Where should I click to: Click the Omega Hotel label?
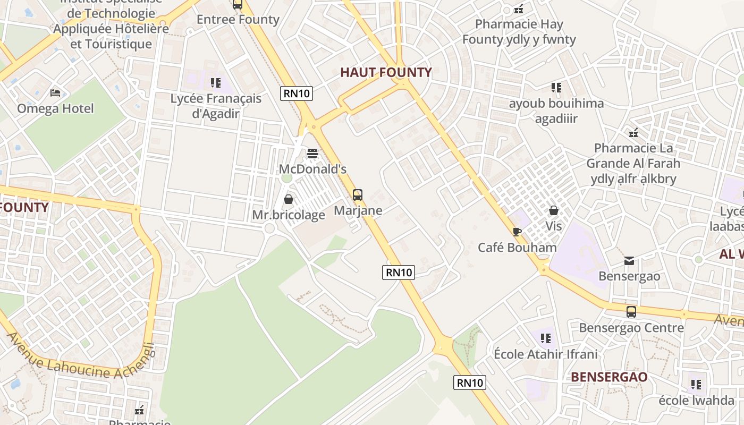pyautogui.click(x=55, y=108)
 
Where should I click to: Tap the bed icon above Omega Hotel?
pyautogui.click(x=55, y=93)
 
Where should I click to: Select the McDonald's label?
pyautogui.click(x=312, y=169)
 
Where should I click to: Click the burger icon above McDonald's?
pyautogui.click(x=312, y=154)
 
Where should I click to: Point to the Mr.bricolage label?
pyautogui.click(x=289, y=215)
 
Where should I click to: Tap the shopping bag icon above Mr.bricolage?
pyautogui.click(x=289, y=199)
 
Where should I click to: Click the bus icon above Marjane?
pyautogui.click(x=358, y=194)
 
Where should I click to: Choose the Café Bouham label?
pyautogui.click(x=517, y=248)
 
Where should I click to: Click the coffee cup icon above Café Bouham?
pyautogui.click(x=517, y=232)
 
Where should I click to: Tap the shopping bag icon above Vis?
pyautogui.click(x=554, y=210)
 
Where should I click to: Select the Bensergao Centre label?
pyautogui.click(x=631, y=328)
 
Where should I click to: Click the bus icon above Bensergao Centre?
pyautogui.click(x=631, y=312)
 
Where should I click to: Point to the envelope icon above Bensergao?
pyautogui.click(x=629, y=261)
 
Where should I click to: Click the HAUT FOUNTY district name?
pyautogui.click(x=386, y=73)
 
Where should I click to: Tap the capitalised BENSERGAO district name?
pyautogui.click(x=609, y=377)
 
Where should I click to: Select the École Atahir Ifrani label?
pyautogui.click(x=546, y=354)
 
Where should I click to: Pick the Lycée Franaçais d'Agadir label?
pyautogui.click(x=216, y=106)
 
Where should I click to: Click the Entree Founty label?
pyautogui.click(x=238, y=20)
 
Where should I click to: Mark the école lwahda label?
pyautogui.click(x=696, y=401)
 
